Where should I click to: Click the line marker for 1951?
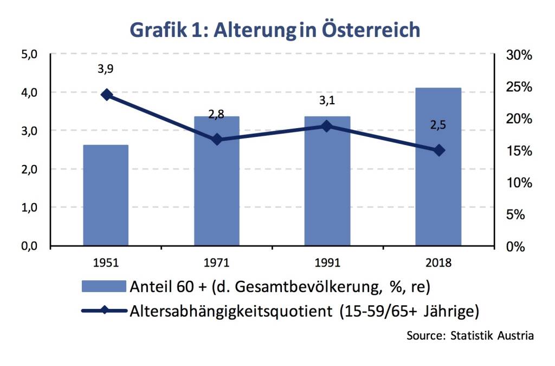pyautogui.click(x=106, y=95)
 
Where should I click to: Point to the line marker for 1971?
pyautogui.click(x=217, y=140)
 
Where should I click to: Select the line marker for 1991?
pyautogui.click(x=327, y=126)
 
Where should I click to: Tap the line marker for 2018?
pyautogui.click(x=438, y=150)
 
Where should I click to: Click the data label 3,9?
pyautogui.click(x=106, y=69)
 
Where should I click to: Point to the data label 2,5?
pyautogui.click(x=438, y=126)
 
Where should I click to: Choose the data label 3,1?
pyautogui.click(x=327, y=101)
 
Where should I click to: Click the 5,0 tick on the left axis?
pyautogui.click(x=27, y=54)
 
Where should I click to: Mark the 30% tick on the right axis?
pyautogui.click(x=519, y=55)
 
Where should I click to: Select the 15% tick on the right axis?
pyautogui.click(x=519, y=151)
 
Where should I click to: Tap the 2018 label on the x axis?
pyautogui.click(x=438, y=263)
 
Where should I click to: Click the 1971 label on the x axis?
pyautogui.click(x=217, y=263)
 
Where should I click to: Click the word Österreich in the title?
pyautogui.click(x=371, y=29)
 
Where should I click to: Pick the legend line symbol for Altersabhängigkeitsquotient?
pyautogui.click(x=105, y=311)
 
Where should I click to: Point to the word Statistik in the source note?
pyautogui.click(x=470, y=336)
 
